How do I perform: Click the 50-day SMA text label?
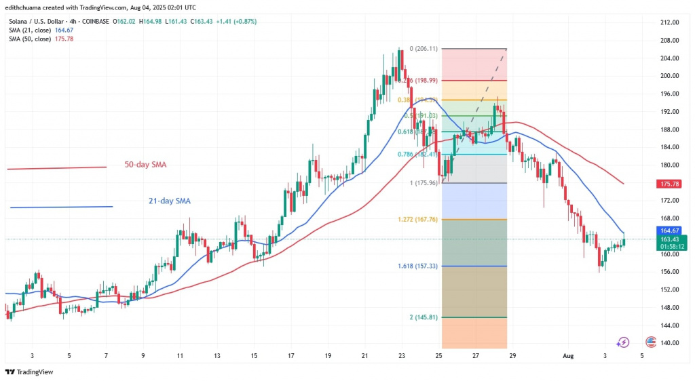point(145,165)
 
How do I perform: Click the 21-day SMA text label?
point(170,201)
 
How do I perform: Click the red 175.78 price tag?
point(672,183)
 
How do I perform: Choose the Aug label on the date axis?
point(569,355)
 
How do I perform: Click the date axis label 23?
point(402,355)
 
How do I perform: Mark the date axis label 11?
point(180,355)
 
